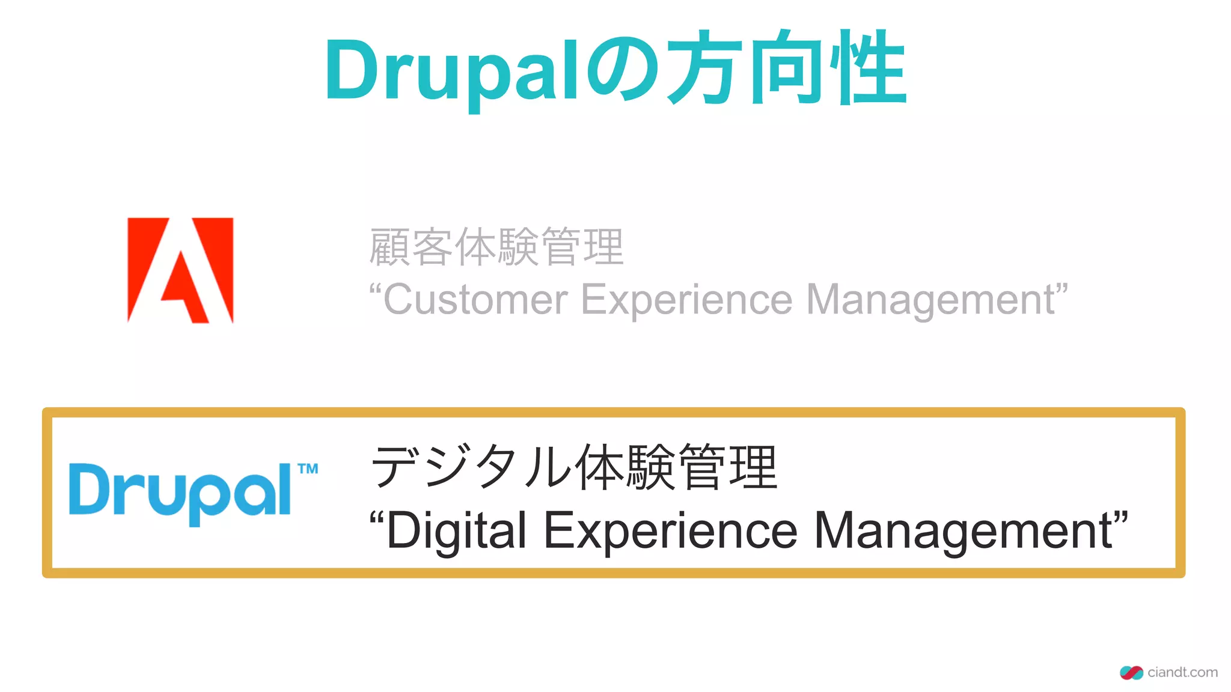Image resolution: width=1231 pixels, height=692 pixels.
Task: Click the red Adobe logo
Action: point(180,270)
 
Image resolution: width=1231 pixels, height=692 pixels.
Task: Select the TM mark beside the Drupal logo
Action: point(308,469)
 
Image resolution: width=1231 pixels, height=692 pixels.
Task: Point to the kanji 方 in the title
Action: point(704,67)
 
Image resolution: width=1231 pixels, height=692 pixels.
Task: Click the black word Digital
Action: point(457,530)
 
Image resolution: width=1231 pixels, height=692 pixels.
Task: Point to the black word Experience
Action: point(670,530)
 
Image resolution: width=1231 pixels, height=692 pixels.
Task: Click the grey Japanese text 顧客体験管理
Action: point(496,246)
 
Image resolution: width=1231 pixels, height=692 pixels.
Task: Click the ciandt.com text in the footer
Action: point(1182,672)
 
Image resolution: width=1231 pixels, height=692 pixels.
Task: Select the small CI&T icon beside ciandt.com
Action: point(1131,673)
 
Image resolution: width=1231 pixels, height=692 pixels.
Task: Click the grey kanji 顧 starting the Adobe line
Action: point(390,246)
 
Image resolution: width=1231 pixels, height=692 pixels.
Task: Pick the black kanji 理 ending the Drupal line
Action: point(754,467)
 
